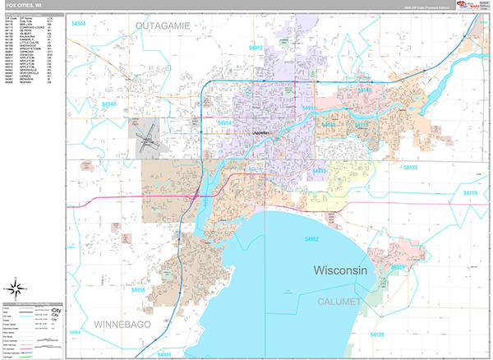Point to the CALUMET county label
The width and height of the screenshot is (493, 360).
(340, 302)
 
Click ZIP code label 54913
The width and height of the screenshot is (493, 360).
(256, 48)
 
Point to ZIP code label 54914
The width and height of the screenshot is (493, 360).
(224, 122)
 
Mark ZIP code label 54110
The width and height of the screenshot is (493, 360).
(469, 192)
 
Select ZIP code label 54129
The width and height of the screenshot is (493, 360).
(377, 335)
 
